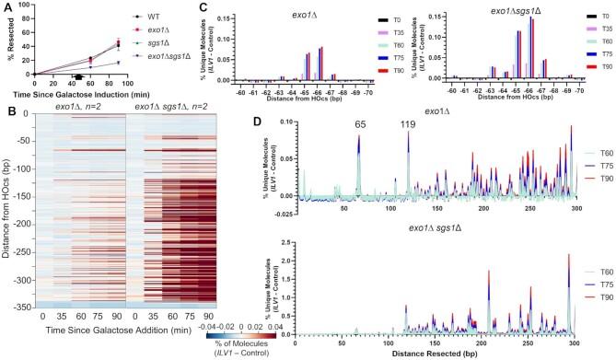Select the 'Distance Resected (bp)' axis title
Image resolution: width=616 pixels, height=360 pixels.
click(x=431, y=354)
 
